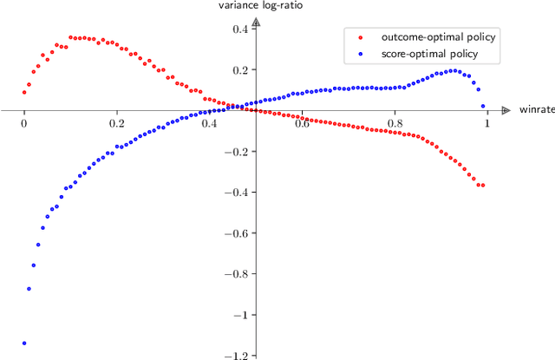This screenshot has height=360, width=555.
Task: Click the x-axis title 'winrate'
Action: click(536, 110)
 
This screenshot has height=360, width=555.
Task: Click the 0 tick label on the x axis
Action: click(24, 123)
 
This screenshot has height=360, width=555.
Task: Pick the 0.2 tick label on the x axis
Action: click(117, 123)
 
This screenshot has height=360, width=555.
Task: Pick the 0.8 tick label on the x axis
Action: click(395, 123)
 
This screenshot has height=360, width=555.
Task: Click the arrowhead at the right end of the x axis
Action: click(506, 110)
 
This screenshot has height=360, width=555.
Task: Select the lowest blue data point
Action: click(24, 344)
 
